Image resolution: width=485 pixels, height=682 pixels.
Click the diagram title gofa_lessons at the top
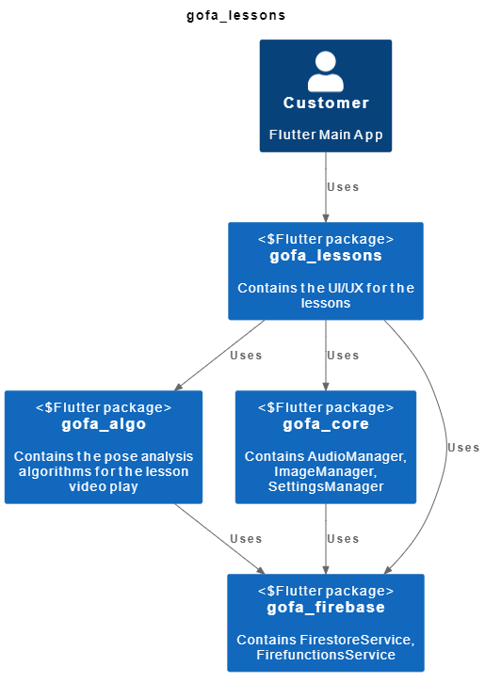(236, 16)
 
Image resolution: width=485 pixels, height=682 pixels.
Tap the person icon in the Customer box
(326, 71)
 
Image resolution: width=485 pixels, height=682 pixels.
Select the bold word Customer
(326, 103)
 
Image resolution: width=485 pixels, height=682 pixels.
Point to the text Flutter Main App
(326, 135)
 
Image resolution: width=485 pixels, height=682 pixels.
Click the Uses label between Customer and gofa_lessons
(343, 186)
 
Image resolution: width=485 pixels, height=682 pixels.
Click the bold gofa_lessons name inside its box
(326, 256)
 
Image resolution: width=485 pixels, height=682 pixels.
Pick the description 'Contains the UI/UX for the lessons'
(326, 295)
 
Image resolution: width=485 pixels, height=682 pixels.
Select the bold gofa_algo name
(104, 424)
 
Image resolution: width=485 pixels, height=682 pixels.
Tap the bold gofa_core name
(326, 424)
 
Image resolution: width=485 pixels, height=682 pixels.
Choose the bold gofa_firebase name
(326, 608)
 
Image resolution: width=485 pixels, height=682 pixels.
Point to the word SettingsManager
(326, 487)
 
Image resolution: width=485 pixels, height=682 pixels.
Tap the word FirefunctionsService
(326, 655)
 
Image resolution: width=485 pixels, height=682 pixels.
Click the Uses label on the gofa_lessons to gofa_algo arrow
(246, 355)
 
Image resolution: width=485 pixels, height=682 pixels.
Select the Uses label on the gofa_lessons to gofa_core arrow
(343, 355)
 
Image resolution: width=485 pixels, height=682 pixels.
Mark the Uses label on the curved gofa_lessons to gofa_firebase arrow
(463, 447)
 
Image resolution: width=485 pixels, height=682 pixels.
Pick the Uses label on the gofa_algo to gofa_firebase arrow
(246, 538)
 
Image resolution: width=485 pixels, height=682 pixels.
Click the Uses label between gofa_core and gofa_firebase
(343, 538)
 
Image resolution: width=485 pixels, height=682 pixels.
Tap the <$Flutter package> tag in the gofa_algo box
(104, 407)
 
